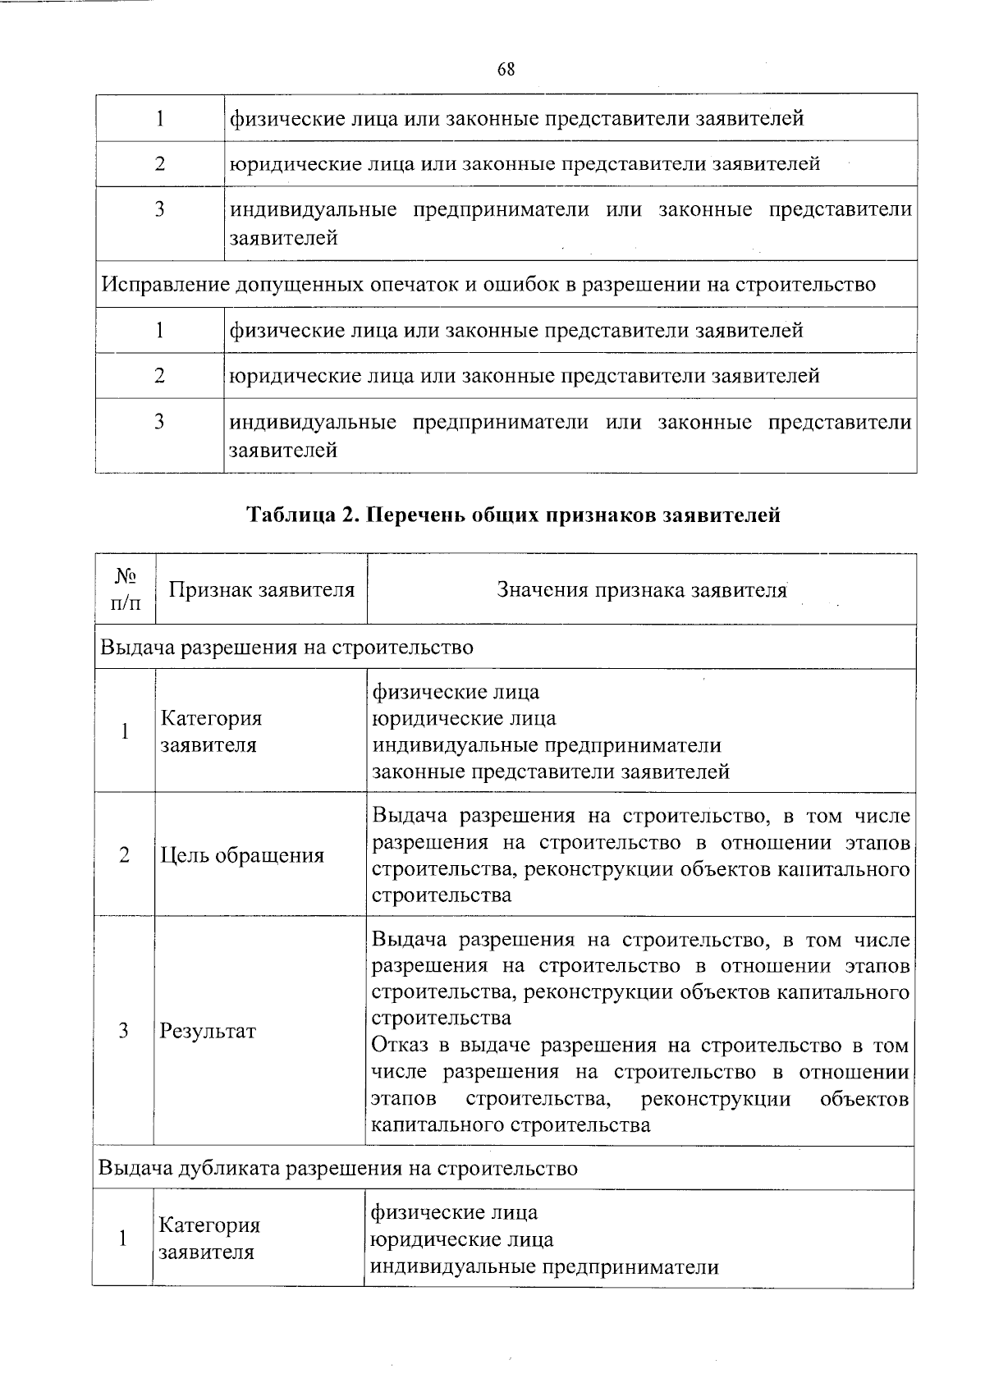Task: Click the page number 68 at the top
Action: (506, 70)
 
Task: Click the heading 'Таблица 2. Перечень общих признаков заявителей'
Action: (513, 515)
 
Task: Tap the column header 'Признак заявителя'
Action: (261, 589)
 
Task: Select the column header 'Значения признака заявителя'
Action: (642, 589)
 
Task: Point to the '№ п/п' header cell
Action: (125, 589)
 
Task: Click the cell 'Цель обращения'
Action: (242, 855)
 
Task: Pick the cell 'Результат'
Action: (208, 1031)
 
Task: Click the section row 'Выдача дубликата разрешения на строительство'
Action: (337, 1168)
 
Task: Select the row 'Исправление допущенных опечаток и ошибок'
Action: (488, 285)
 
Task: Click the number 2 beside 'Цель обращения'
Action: (124, 855)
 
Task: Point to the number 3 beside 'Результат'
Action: (124, 1031)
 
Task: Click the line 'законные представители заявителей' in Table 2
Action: (551, 772)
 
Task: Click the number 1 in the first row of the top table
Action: (160, 119)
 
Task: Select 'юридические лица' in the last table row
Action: (462, 1239)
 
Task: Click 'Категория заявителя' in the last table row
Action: (208, 1239)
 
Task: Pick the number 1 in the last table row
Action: (123, 1239)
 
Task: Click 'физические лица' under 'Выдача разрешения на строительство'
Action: (456, 692)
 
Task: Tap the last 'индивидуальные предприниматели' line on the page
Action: (544, 1266)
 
